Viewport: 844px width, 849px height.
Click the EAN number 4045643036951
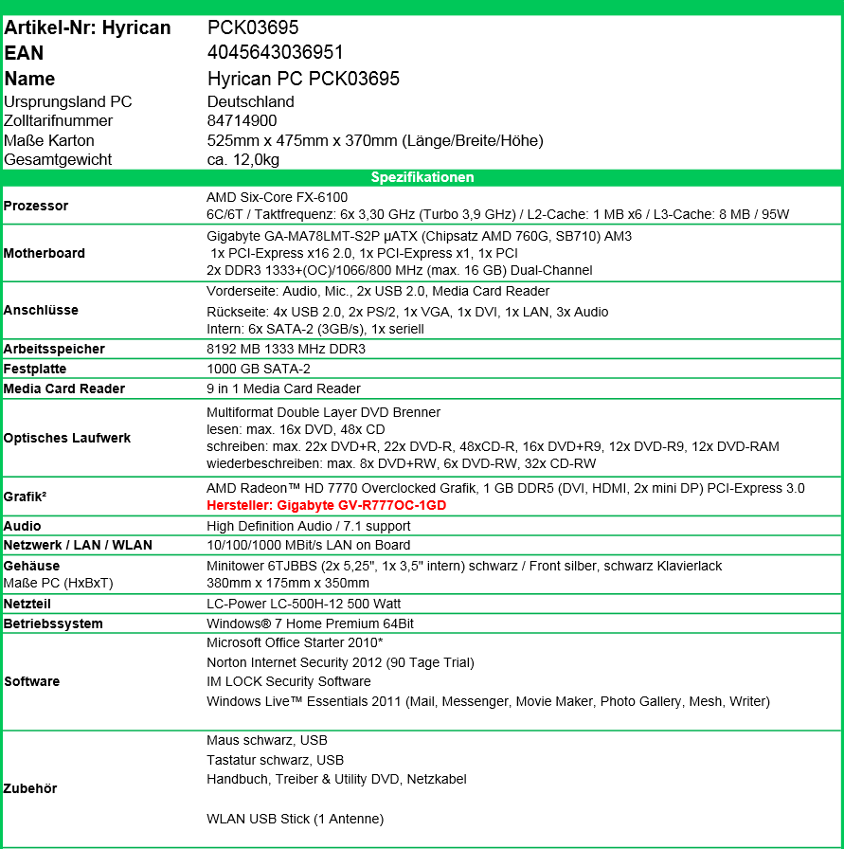(x=275, y=53)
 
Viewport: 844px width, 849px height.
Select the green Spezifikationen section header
(x=422, y=177)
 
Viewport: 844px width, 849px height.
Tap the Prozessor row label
(x=36, y=206)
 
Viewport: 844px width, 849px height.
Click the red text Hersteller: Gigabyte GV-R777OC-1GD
(x=326, y=506)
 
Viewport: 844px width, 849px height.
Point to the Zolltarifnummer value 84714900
(x=242, y=121)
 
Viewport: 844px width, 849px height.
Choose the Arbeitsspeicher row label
(x=54, y=349)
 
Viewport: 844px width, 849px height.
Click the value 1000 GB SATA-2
(x=259, y=369)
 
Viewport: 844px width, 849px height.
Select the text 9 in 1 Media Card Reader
(x=283, y=388)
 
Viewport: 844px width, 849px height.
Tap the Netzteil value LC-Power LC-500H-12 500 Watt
(x=303, y=604)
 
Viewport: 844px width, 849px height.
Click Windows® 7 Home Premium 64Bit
(x=310, y=623)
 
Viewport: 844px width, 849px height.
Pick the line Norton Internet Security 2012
(x=340, y=662)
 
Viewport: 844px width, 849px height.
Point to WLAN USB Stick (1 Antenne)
(x=295, y=819)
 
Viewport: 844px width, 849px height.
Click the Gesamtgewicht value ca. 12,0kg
(x=242, y=160)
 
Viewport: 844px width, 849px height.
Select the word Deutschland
(x=250, y=102)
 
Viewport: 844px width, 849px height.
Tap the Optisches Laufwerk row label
(x=67, y=438)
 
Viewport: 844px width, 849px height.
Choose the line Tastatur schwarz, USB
(x=275, y=760)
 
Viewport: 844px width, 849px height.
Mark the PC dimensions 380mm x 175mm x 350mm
(x=288, y=584)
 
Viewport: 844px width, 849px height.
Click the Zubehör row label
(x=30, y=788)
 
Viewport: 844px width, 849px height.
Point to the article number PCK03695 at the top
(x=253, y=28)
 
